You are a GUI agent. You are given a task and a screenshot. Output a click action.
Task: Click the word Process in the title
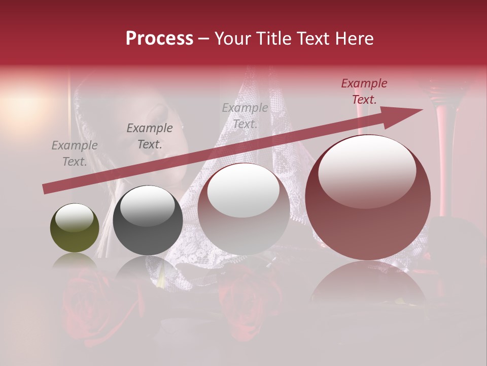point(159,39)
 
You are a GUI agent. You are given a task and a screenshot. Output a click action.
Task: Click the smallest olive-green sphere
point(75,228)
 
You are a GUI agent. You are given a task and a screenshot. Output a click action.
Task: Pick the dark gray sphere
point(148,221)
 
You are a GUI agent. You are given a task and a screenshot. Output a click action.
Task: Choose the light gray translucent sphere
point(243,208)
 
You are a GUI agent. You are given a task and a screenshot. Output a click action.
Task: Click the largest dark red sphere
point(368,197)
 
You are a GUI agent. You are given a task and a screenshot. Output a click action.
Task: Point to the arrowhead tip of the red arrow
point(422,110)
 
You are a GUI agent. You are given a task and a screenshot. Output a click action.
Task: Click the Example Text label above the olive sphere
point(75,154)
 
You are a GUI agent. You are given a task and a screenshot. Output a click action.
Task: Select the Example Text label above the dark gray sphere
point(150,136)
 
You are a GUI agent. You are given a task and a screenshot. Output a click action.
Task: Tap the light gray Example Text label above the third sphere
point(245,116)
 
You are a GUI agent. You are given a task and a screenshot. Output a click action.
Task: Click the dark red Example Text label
point(364,91)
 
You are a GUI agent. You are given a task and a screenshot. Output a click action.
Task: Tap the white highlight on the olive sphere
point(75,218)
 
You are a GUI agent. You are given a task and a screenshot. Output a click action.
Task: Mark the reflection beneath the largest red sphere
point(368,285)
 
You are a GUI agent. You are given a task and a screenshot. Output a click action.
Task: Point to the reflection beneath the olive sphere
point(75,262)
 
